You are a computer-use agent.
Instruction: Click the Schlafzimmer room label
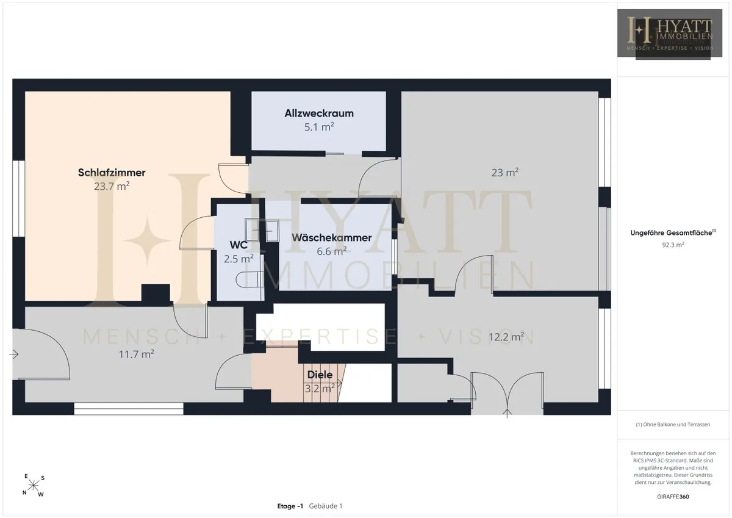112,173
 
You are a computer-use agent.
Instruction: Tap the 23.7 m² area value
112,186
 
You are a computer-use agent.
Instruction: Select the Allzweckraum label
319,113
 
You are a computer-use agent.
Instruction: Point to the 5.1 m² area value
319,127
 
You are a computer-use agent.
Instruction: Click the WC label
239,245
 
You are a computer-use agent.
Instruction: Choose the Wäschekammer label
331,237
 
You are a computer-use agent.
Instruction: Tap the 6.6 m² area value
331,251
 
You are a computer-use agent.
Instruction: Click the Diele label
320,375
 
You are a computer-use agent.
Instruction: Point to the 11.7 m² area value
136,354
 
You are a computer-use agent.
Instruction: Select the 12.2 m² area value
506,337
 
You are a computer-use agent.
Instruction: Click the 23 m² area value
505,173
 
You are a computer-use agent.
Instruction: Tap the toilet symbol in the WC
250,280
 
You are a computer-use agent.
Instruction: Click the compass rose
34,486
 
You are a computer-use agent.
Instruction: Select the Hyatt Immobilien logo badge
670,34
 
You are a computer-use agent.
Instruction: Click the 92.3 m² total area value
673,245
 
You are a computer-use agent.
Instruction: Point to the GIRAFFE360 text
673,497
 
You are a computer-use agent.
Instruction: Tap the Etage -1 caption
290,506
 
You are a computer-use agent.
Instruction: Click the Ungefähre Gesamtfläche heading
673,232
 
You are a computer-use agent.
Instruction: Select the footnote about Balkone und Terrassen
673,425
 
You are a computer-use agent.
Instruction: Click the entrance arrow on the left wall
13,354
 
